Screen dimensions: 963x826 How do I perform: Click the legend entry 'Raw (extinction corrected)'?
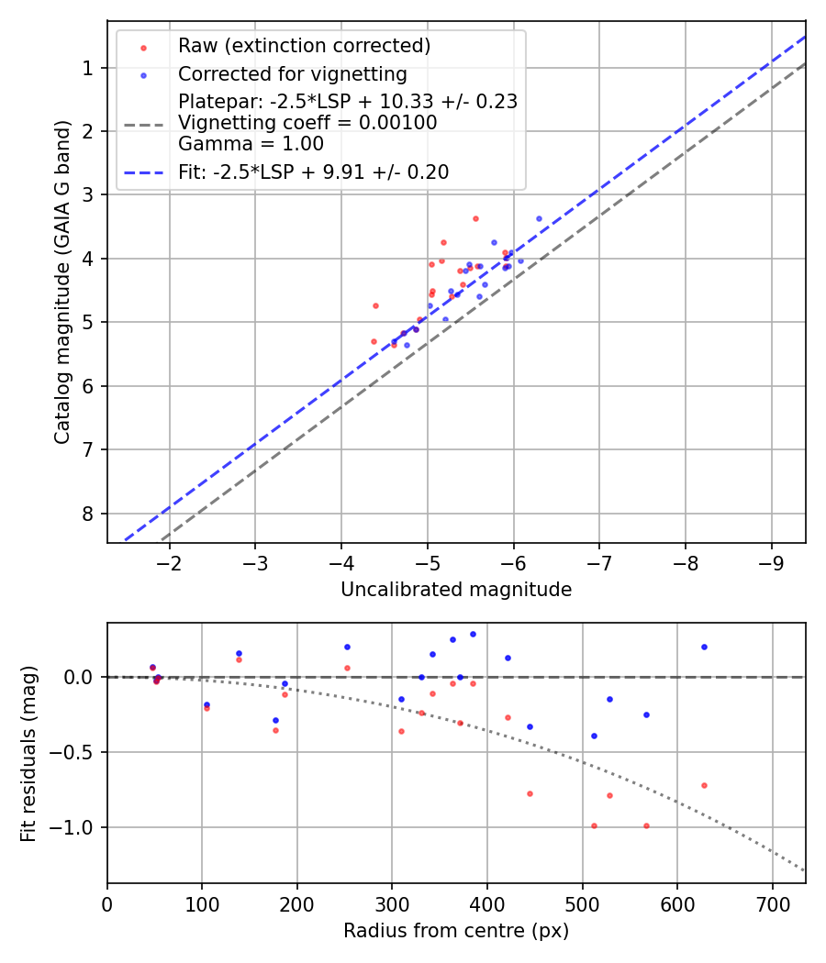coord(304,46)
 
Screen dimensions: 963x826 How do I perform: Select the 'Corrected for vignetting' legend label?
coord(292,73)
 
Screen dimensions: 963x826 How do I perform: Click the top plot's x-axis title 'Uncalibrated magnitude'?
coord(456,590)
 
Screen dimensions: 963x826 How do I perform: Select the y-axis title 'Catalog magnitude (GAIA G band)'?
coord(62,301)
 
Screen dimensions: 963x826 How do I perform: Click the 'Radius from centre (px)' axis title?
coord(456,931)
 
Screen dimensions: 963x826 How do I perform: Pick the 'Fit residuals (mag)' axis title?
coord(29,753)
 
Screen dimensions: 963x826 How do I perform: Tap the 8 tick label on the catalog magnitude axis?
coord(88,514)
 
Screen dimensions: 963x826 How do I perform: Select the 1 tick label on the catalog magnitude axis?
coord(88,69)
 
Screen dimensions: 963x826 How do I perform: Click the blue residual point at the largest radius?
coord(704,647)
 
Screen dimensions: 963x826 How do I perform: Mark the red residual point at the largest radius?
coord(704,785)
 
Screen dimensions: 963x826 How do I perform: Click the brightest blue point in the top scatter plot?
coord(539,218)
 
